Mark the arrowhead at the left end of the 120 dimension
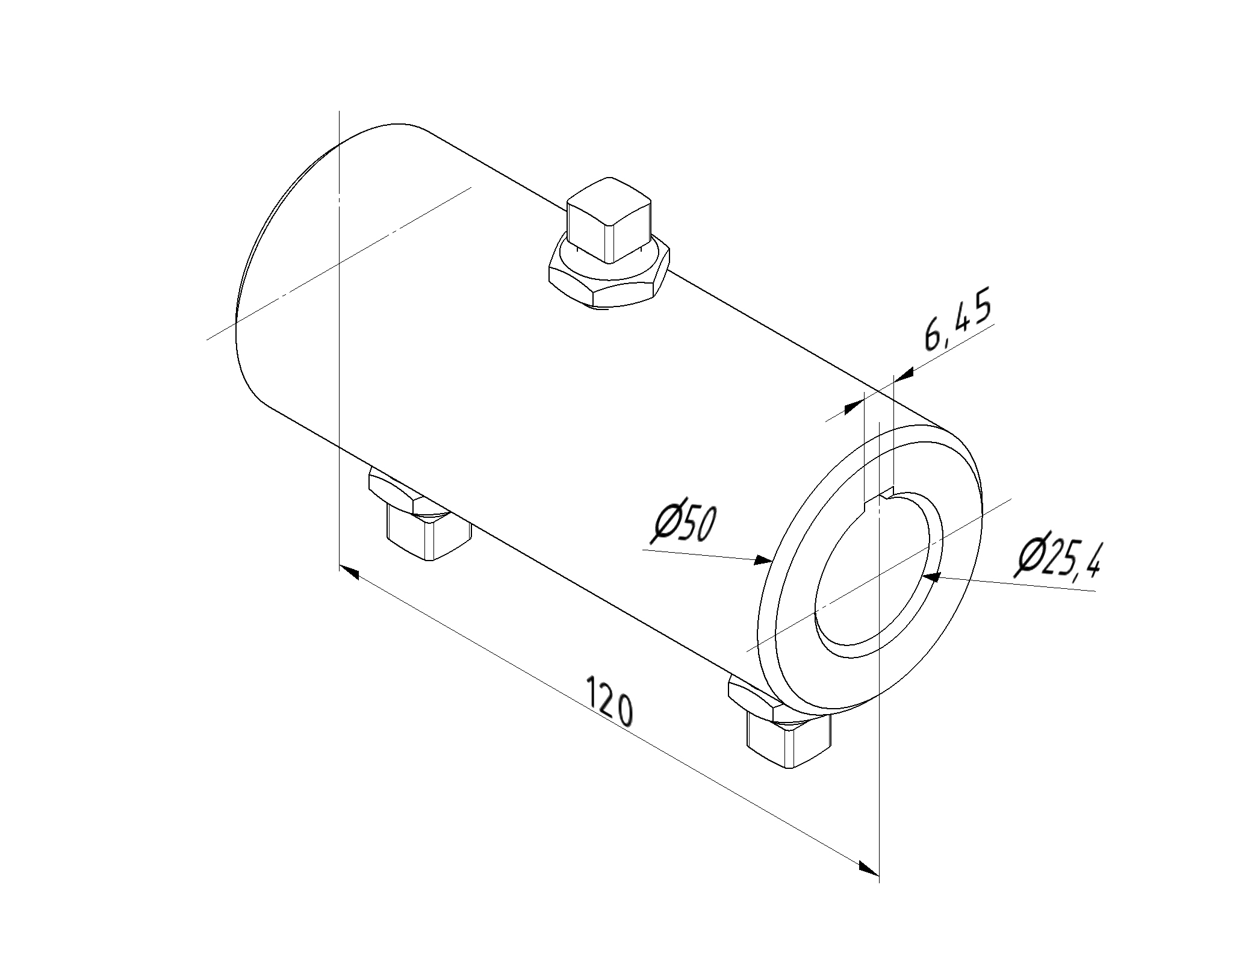pyautogui.click(x=349, y=572)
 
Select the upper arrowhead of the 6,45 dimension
pyautogui.click(x=903, y=375)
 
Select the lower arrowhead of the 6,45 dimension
pyautogui.click(x=854, y=408)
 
